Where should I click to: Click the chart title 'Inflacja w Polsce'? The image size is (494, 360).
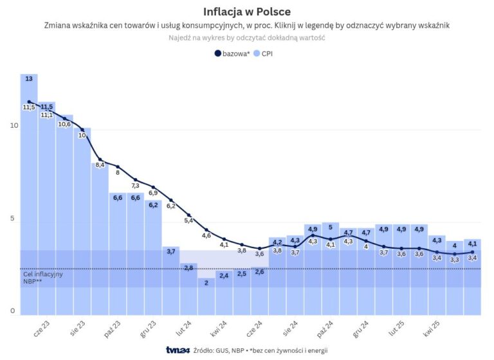point(246,12)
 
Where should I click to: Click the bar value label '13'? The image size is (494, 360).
point(29,78)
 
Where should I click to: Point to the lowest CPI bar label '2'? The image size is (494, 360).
point(206,282)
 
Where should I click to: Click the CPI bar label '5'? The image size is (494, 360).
point(331,227)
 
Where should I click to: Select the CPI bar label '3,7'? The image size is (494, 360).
point(171,251)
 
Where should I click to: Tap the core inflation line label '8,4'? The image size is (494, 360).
point(100,165)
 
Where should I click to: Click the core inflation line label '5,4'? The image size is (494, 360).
point(189,221)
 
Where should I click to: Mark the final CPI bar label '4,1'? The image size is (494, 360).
point(472,244)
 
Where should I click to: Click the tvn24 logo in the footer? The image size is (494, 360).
point(176,350)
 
